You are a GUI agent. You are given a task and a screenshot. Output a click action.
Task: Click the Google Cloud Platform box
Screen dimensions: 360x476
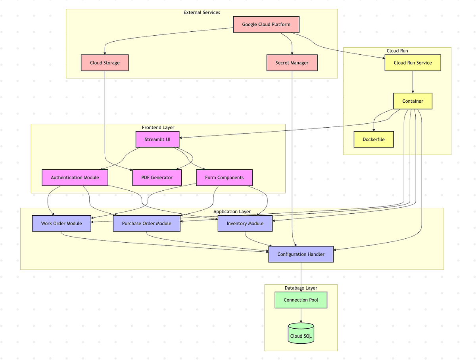tap(266, 25)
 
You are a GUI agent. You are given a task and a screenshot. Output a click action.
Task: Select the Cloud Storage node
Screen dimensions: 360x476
tap(105, 63)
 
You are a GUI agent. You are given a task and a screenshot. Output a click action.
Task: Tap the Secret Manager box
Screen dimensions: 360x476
tap(292, 63)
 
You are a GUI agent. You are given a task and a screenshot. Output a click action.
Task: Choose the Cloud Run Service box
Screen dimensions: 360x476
tap(413, 63)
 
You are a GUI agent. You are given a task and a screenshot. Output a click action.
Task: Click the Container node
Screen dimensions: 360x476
tap(413, 101)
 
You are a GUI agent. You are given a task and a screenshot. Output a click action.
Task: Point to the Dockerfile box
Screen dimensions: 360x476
tap(374, 140)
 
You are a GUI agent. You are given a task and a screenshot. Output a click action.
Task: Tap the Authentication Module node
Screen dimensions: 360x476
tap(75, 178)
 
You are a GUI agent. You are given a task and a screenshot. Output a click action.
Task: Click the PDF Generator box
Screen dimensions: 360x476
tap(157, 178)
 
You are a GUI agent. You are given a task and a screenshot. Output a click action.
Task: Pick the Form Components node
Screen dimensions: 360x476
tap(224, 178)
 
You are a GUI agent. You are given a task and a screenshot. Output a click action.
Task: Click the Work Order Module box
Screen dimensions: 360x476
tap(61, 224)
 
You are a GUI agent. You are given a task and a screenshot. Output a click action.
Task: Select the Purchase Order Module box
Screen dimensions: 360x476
tap(146, 224)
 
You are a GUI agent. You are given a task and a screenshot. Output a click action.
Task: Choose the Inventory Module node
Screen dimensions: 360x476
tap(245, 224)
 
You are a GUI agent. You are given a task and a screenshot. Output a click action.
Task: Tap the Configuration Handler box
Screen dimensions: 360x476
tap(301, 254)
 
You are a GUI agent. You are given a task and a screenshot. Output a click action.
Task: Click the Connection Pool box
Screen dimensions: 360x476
tap(301, 300)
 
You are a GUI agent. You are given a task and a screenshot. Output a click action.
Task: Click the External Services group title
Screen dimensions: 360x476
tap(202, 13)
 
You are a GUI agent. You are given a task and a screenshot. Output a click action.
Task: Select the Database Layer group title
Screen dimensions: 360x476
tap(301, 288)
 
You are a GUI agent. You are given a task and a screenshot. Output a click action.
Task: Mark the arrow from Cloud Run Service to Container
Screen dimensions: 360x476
tap(413, 82)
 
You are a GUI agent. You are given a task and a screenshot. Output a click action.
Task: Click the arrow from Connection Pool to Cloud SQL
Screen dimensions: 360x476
tap(301, 316)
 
